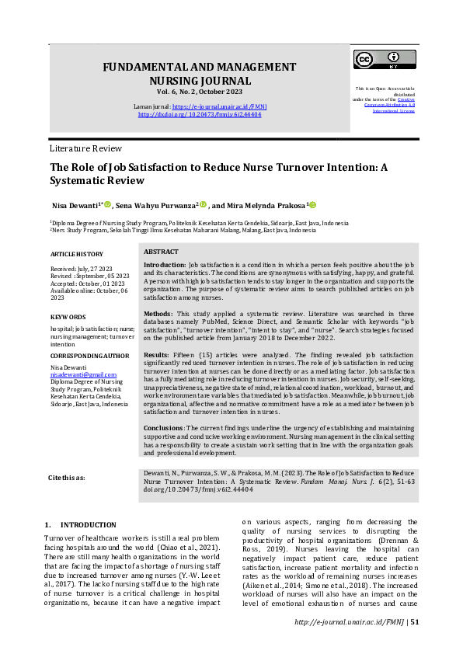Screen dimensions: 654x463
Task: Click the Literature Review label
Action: coord(85,148)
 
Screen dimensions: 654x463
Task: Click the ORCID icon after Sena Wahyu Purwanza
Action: coord(204,205)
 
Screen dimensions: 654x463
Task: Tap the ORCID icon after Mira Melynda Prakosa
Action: coord(313,205)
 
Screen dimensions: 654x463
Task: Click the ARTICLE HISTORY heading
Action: coord(76,254)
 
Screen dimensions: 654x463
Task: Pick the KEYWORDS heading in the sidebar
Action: coord(68,317)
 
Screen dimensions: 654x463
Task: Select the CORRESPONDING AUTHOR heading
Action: coord(89,355)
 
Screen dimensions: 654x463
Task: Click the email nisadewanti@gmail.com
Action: coord(76,374)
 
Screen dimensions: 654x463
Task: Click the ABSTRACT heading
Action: coord(161,252)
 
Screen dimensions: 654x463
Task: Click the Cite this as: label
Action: coord(67,477)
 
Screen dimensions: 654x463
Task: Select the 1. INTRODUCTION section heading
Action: coord(81,525)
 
